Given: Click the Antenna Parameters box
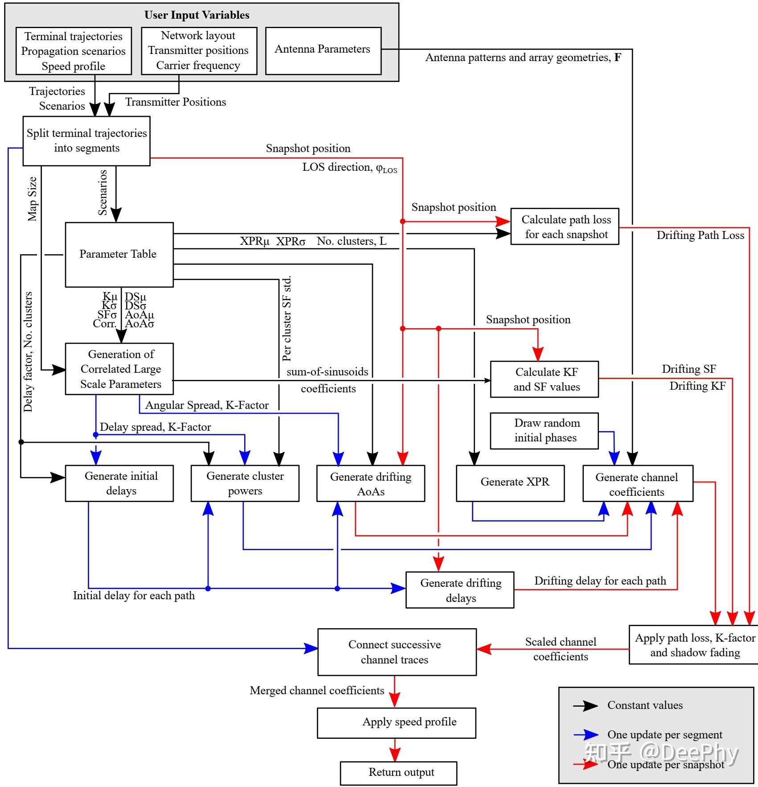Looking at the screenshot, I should coord(323,50).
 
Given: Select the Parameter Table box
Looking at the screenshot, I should coord(119,254).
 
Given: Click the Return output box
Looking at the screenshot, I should coord(398,773).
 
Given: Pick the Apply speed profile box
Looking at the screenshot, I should coord(396,722).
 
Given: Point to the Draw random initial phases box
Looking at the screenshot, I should coord(544,430).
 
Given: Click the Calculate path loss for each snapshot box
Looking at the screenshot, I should coord(565,226).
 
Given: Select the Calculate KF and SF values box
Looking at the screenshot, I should coord(544,379).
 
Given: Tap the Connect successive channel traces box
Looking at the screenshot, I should coord(397,651).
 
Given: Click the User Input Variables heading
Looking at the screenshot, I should coord(197,15).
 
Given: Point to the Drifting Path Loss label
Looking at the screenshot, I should coord(700,235).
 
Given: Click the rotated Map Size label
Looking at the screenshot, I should coord(32,199).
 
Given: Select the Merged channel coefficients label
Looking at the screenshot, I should coord(317,691).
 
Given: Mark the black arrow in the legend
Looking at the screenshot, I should coord(586,705).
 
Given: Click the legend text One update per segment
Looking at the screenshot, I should coord(664,734).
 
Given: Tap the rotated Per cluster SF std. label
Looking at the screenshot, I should coord(287,318).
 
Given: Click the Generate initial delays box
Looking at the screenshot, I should coord(119,483).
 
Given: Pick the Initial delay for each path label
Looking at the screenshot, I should coord(134,596).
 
